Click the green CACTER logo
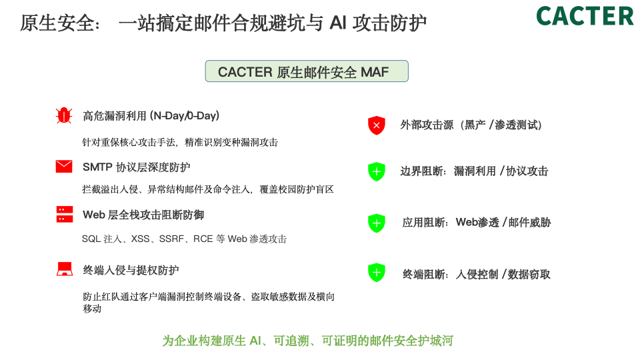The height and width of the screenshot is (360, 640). [x=585, y=16]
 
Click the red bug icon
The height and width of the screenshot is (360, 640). [x=64, y=115]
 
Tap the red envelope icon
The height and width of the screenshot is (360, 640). [x=64, y=167]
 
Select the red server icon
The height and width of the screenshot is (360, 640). [x=64, y=214]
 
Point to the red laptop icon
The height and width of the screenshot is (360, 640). [x=64, y=269]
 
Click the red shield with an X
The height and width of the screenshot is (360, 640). [x=377, y=125]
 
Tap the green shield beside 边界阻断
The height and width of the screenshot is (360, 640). [x=377, y=171]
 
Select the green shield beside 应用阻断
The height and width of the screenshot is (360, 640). [x=377, y=223]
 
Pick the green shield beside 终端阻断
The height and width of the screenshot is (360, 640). [x=377, y=273]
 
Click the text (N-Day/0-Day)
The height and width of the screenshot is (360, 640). [x=185, y=116]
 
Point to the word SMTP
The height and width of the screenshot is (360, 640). [x=97, y=167]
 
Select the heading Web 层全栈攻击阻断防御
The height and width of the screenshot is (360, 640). [x=143, y=215]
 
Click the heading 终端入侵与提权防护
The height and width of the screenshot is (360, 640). [x=131, y=270]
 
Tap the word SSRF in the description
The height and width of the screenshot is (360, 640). [x=173, y=239]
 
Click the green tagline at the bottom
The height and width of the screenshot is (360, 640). [x=307, y=341]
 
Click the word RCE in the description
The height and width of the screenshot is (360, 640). [x=203, y=239]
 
